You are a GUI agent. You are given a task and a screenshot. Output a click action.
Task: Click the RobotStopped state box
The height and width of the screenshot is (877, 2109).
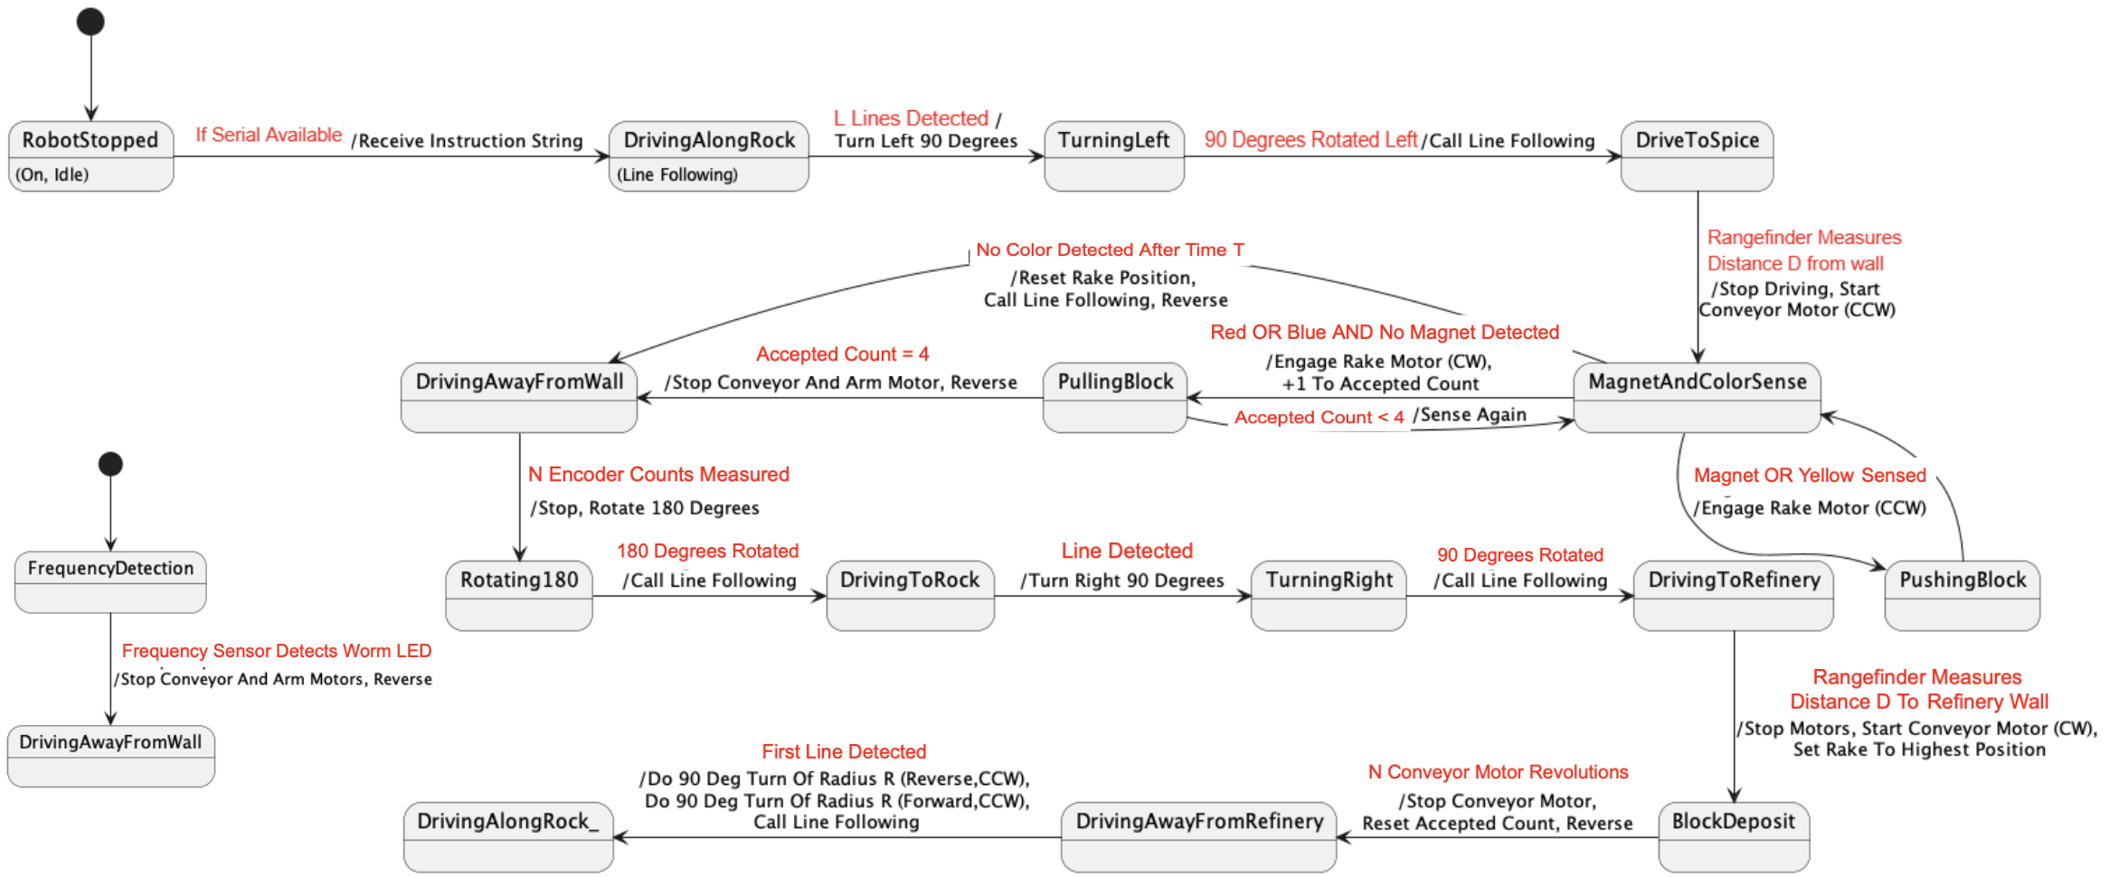(x=90, y=156)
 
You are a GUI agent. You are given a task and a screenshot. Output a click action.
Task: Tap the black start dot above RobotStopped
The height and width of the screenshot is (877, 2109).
(x=90, y=22)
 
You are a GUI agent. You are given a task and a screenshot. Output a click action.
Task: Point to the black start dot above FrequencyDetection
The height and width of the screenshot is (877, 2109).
(x=110, y=464)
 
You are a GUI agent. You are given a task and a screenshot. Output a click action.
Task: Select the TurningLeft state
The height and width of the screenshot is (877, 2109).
(x=1113, y=156)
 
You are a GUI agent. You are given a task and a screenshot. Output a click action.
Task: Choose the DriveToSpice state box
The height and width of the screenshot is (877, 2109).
(x=1697, y=156)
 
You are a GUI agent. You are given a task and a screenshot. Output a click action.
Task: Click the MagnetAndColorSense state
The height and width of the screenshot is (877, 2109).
(x=1697, y=397)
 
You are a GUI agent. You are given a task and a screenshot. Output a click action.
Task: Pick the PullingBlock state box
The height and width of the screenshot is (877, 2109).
(x=1114, y=397)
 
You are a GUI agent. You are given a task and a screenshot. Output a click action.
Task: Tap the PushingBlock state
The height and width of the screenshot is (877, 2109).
(x=1962, y=595)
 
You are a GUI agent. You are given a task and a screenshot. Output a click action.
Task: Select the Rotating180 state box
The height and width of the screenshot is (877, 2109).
(x=519, y=595)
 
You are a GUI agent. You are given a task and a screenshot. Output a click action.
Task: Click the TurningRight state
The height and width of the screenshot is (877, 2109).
(x=1328, y=595)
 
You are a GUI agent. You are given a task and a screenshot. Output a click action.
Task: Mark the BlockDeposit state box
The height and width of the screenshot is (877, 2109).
(x=1733, y=836)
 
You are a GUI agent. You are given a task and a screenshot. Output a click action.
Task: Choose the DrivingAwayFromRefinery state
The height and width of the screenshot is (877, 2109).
(x=1198, y=836)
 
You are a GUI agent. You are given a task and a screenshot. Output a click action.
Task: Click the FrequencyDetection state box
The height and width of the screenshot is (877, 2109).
(x=110, y=581)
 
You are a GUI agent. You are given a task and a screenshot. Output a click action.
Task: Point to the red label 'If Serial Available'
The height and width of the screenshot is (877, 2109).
(x=269, y=135)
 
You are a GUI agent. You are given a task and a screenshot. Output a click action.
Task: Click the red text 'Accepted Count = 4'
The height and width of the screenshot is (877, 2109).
(x=842, y=354)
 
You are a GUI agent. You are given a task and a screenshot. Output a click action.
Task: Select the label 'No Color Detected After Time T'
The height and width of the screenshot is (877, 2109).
(x=1110, y=250)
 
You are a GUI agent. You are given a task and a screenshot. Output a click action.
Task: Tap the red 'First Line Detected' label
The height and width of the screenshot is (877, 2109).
(x=844, y=751)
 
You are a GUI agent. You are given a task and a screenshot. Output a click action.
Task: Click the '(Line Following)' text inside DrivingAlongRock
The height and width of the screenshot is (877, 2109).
(x=676, y=174)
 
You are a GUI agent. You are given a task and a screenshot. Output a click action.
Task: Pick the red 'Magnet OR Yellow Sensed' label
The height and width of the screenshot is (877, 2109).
(x=1810, y=475)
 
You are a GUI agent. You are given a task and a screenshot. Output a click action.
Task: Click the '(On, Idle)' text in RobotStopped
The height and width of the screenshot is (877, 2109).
(x=52, y=174)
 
